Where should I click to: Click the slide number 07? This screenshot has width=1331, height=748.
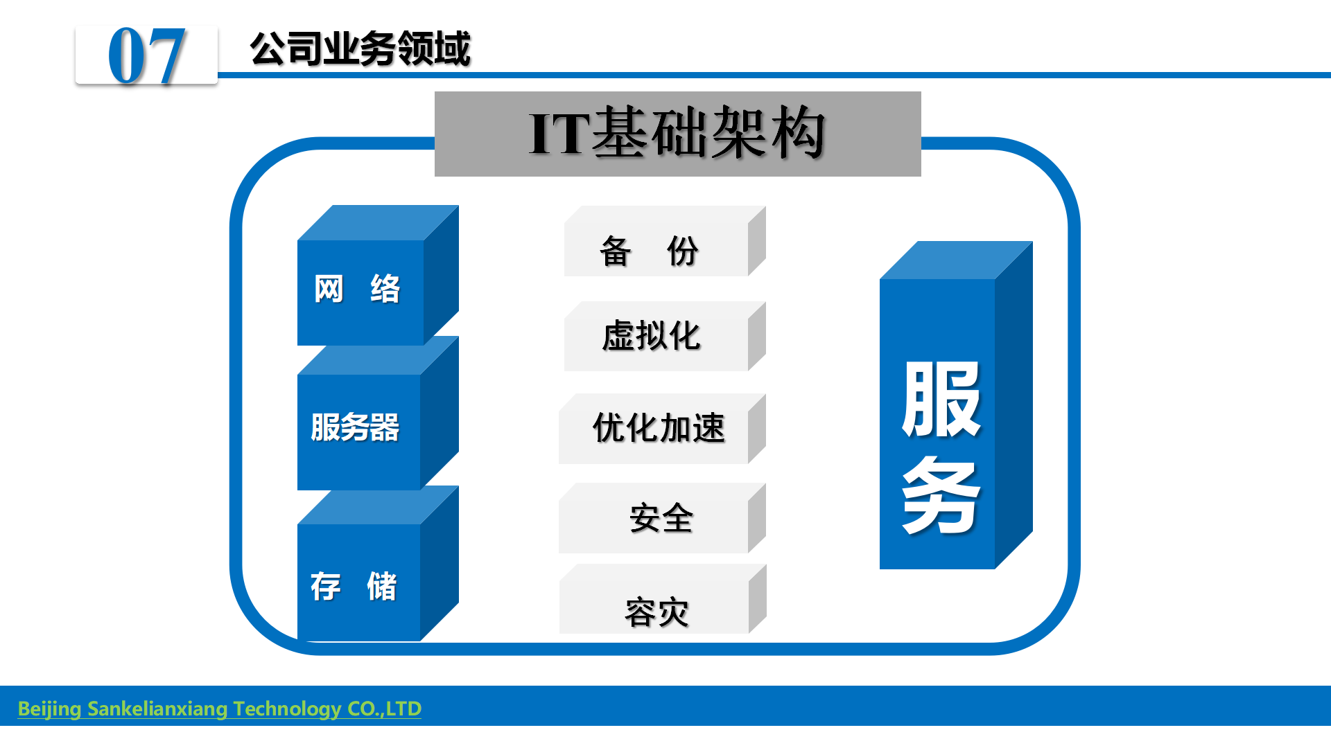point(146,55)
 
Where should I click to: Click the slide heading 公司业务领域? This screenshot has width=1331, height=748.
point(360,48)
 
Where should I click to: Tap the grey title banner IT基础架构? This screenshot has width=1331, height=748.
point(677,134)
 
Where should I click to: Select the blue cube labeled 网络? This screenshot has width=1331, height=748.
point(378,275)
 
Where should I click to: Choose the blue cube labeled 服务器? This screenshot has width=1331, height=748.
point(378,413)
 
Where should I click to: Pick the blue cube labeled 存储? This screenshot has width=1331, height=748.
point(378,563)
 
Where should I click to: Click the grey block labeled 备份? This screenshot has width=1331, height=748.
point(665,241)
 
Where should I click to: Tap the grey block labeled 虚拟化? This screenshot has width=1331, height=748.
point(665,336)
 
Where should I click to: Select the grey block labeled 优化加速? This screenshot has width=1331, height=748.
point(662,429)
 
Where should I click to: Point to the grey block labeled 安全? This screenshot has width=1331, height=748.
point(662,518)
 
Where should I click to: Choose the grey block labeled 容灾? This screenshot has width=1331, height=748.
point(663,599)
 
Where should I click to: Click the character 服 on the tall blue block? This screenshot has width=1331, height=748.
point(941,400)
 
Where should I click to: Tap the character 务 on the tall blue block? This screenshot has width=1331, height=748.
point(941,495)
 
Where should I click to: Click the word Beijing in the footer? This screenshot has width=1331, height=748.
point(49,709)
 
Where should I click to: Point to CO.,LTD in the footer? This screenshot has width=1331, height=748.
point(385,709)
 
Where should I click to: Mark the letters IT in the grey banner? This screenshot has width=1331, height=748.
point(559,134)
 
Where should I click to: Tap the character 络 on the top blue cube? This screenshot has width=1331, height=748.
point(385,289)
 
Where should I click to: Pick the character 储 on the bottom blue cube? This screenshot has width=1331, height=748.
point(382,587)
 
